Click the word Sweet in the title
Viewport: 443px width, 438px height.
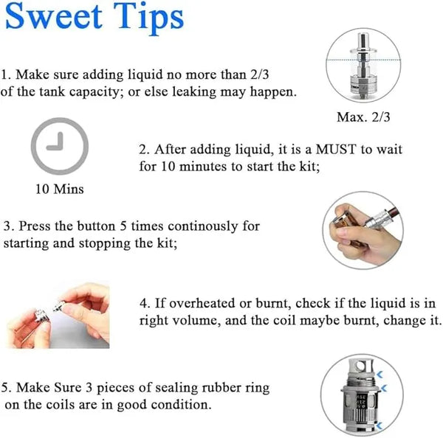coord(54,16)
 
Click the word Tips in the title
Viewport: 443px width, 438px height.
coord(149,18)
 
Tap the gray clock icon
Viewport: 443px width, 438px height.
coord(60,146)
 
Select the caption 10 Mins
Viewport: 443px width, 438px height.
coord(60,189)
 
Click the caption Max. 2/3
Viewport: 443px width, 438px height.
coord(363,117)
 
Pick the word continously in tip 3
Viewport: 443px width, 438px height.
coord(202,226)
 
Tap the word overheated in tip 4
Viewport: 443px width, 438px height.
coord(202,303)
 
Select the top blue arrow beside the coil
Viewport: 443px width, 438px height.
coord(380,375)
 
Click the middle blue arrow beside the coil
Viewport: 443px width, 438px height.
coord(384,389)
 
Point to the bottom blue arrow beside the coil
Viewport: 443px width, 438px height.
coord(380,425)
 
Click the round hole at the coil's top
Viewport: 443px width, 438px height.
coord(361,366)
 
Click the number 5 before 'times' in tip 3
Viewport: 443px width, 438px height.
coord(123,226)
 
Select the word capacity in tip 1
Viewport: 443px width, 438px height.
coord(96,92)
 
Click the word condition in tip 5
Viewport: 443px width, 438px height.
coord(181,405)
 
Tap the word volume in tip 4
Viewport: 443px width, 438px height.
coord(196,321)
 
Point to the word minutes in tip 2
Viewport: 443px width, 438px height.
coord(203,167)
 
